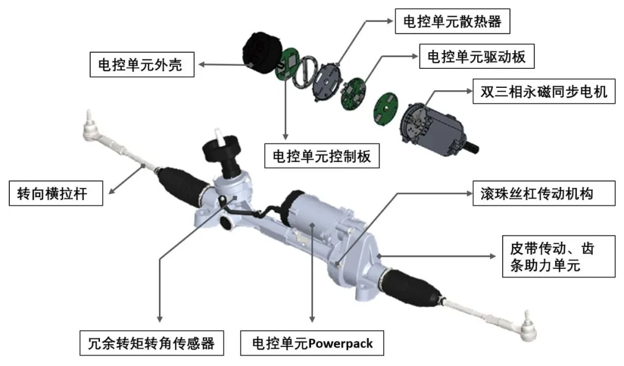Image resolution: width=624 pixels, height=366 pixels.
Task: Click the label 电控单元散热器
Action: tap(452, 21)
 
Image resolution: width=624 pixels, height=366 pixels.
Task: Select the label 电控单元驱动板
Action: tap(476, 57)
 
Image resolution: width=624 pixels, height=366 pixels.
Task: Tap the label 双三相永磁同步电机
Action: tap(544, 91)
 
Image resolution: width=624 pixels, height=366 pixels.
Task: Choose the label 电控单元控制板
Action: tap(322, 156)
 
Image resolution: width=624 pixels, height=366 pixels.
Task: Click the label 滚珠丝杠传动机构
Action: tap(537, 194)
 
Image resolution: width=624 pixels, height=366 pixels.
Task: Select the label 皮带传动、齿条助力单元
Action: tap(552, 257)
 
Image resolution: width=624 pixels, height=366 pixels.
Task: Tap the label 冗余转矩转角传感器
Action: tap(151, 343)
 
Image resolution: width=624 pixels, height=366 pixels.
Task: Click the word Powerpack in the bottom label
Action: tap(341, 343)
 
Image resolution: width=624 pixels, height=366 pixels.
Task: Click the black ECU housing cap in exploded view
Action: tap(261, 50)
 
